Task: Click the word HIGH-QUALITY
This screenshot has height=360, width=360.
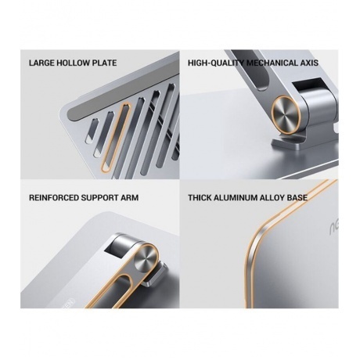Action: [x=216, y=63]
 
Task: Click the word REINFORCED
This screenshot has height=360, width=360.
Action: [x=53, y=198]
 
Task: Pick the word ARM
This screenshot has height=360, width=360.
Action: [x=129, y=198]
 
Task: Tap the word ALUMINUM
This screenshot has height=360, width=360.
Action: [x=236, y=198]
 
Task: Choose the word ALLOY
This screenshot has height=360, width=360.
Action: [x=272, y=198]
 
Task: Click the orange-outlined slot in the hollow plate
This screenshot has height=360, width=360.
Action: [x=116, y=138]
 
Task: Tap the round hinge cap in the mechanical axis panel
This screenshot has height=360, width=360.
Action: [x=286, y=116]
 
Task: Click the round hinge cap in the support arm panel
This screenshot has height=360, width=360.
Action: [x=146, y=260]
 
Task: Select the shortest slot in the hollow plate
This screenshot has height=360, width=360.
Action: [x=90, y=131]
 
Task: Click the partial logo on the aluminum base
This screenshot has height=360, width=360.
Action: [x=333, y=224]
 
